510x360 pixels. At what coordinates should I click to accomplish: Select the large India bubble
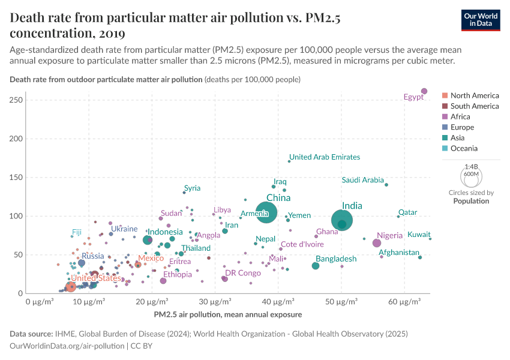click(x=342, y=220)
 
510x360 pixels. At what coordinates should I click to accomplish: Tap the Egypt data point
click(x=424, y=91)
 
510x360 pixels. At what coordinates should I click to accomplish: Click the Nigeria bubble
click(x=377, y=243)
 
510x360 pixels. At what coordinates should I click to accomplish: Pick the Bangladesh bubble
click(x=316, y=266)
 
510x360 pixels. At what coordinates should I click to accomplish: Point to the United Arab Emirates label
click(x=325, y=157)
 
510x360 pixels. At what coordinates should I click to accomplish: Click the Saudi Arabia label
click(x=362, y=180)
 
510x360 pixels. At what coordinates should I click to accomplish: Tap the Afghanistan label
click(x=399, y=253)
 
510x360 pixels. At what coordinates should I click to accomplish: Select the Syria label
click(x=192, y=188)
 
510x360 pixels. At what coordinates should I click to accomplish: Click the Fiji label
click(x=77, y=232)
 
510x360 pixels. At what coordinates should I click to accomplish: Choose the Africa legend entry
click(x=461, y=116)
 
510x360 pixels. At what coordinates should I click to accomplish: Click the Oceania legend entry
click(x=464, y=148)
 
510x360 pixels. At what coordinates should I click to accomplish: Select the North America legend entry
click(x=474, y=95)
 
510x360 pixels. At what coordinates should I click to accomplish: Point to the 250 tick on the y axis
click(x=16, y=100)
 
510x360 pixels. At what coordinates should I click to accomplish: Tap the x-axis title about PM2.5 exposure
click(x=227, y=314)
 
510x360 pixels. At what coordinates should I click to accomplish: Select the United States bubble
click(x=71, y=286)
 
